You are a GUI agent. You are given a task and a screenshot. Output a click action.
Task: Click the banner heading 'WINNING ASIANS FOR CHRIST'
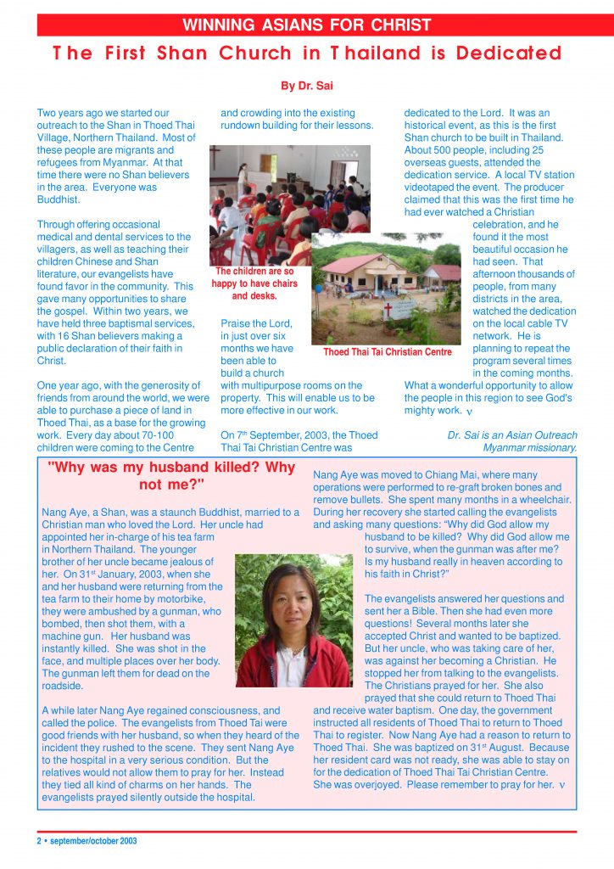[307, 25]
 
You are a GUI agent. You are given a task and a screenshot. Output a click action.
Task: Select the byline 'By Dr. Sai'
[306, 86]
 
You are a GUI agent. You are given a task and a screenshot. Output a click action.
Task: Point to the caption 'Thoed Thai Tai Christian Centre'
[388, 351]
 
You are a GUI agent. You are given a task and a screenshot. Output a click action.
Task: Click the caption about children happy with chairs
[254, 283]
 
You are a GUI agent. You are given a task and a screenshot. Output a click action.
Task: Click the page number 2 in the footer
[39, 841]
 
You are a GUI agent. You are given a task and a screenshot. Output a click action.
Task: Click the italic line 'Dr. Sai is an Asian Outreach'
[511, 435]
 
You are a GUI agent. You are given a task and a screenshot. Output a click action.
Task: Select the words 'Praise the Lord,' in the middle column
[256, 323]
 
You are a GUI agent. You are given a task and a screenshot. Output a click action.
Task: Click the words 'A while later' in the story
[75, 710]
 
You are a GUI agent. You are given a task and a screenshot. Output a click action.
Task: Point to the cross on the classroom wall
[219, 159]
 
